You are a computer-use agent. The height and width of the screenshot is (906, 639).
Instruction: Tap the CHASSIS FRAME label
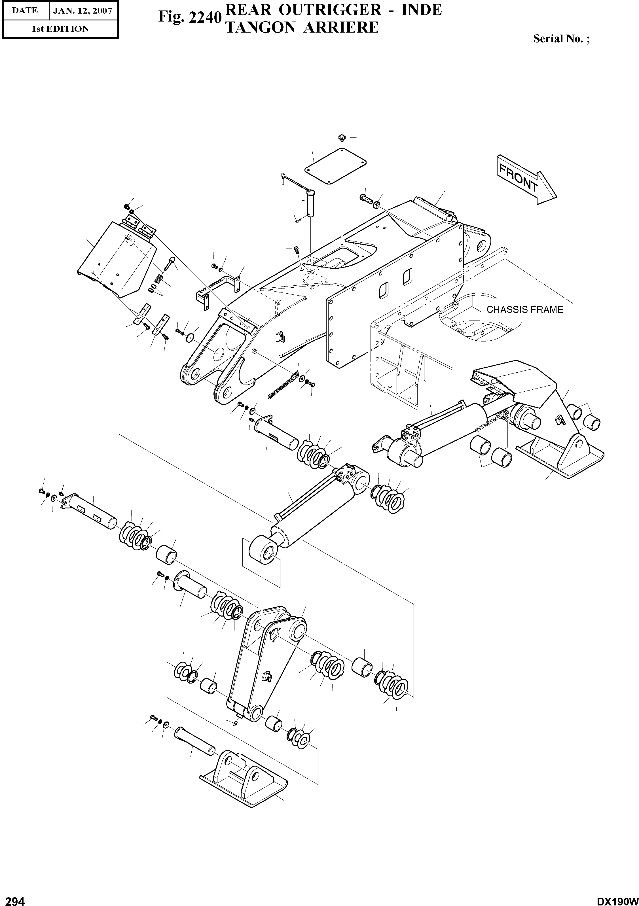(524, 310)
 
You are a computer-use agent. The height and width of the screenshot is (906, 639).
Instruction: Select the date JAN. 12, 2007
(82, 11)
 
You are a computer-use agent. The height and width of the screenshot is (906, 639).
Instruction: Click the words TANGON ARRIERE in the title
(302, 27)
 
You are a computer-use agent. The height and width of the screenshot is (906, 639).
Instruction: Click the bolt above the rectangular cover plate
(342, 138)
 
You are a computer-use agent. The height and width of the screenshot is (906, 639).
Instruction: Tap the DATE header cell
(24, 11)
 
